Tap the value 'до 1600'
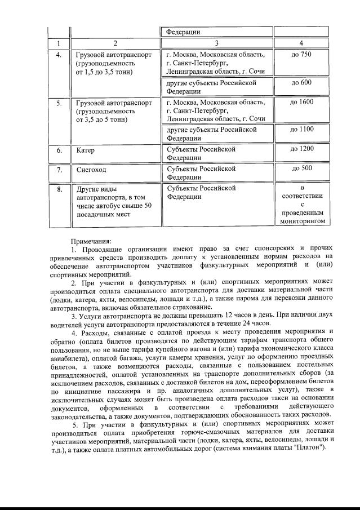click(x=301, y=102)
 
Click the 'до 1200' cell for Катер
click(x=301, y=149)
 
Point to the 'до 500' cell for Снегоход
click(x=301, y=168)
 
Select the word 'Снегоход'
click(x=91, y=169)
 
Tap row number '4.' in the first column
click(x=59, y=55)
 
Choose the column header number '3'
click(x=216, y=43)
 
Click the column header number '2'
click(x=115, y=43)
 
